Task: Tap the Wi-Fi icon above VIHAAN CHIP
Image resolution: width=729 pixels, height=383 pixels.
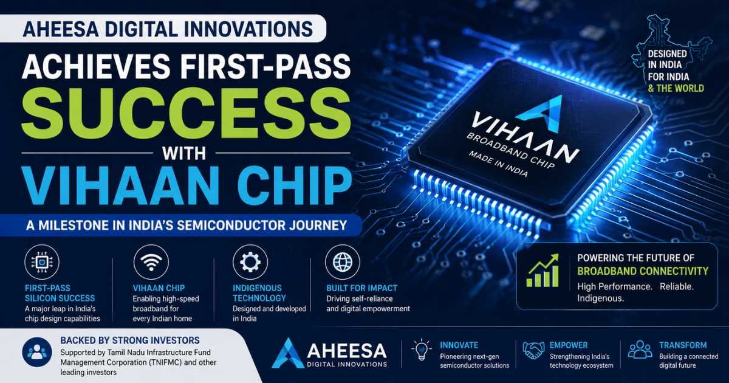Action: [151, 263]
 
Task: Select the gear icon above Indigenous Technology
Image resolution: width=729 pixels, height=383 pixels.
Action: [250, 262]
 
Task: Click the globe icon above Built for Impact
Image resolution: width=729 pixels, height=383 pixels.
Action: [343, 262]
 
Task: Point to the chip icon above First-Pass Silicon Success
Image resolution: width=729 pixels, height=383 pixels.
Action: [42, 262]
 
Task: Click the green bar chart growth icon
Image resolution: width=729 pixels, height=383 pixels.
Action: [542, 271]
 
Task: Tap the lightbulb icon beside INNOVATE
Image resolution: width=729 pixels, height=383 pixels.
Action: [422, 350]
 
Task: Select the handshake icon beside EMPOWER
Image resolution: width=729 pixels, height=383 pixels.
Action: [533, 350]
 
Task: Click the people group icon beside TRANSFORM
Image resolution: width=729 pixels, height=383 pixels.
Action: [640, 350]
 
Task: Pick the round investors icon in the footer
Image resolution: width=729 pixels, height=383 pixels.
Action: [37, 352]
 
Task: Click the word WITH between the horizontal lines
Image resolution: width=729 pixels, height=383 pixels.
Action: [184, 153]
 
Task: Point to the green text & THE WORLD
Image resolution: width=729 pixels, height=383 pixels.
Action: [676, 88]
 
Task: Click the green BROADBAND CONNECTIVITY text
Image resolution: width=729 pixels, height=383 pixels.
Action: [643, 271]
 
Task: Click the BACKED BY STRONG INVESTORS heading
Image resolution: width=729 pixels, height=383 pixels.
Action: [130, 340]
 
